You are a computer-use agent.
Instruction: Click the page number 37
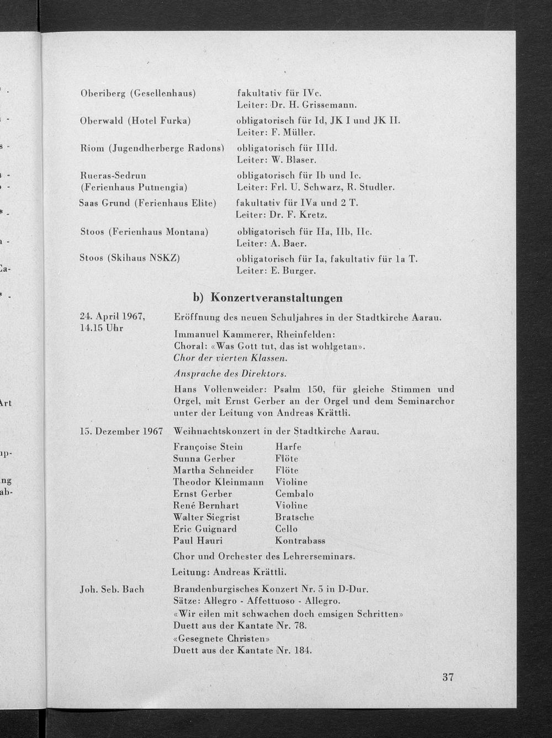tap(448, 677)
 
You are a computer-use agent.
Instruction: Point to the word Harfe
tap(288, 447)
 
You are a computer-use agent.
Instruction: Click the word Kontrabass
tap(300, 540)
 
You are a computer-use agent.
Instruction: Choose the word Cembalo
tap(294, 493)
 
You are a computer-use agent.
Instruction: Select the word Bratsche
tap(294, 517)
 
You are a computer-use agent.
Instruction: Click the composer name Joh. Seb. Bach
tap(112, 589)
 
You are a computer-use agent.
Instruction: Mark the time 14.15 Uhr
tap(102, 328)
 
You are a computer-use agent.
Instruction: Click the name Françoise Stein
tap(208, 447)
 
